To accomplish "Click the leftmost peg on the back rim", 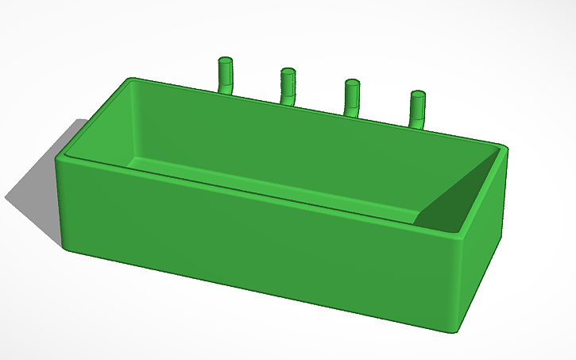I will [226, 76].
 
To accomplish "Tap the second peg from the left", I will [288, 87].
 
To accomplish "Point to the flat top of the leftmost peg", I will [226, 60].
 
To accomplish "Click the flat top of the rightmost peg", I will [418, 95].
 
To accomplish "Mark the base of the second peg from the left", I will [288, 101].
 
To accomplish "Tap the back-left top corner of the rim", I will [132, 80].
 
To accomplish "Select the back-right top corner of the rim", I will [502, 147].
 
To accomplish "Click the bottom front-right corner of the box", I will [453, 330].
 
